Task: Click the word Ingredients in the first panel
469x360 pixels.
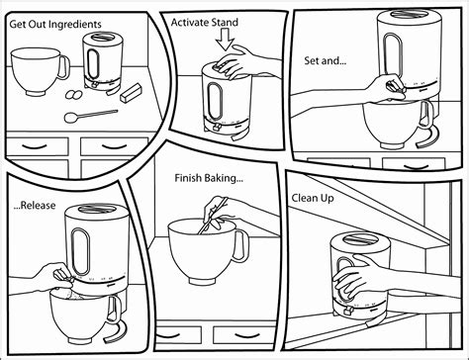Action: pos(78,25)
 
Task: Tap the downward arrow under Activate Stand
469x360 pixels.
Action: pos(225,40)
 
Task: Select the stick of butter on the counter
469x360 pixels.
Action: pos(131,93)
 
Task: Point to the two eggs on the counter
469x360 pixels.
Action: pos(74,95)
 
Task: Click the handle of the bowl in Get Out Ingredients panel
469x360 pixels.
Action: pos(64,67)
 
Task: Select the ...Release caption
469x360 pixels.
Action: pos(35,206)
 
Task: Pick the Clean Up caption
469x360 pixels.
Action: pos(313,199)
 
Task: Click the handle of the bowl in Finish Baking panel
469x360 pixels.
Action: pos(241,245)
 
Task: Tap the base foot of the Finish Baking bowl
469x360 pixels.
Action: pos(202,281)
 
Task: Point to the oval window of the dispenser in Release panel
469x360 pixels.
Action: pos(81,250)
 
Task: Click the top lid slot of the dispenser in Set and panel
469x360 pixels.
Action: pos(409,14)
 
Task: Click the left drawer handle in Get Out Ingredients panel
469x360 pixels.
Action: pos(37,145)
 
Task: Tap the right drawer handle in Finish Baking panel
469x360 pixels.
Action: pos(245,336)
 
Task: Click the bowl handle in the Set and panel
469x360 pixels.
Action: pos(427,115)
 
